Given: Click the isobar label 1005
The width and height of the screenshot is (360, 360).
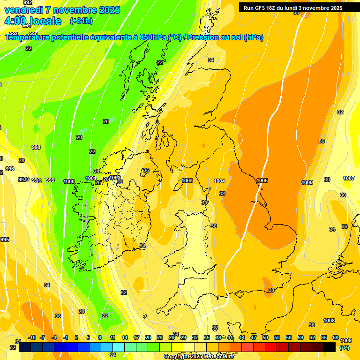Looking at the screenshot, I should point(262,180).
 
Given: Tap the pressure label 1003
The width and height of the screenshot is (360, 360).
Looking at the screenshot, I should point(187,180).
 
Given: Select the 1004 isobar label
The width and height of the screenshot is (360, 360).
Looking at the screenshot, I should point(219,181).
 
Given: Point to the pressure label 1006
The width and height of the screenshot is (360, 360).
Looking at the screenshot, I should point(307,182).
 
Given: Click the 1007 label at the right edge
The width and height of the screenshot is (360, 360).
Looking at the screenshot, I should point(349,178).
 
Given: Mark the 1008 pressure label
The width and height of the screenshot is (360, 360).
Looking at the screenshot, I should point(329,321).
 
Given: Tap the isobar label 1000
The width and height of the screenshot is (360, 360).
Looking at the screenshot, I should point(69,181).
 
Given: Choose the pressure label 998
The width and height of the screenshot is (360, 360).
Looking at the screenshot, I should point(36,147).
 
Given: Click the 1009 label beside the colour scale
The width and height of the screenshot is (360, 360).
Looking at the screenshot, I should point(346,340).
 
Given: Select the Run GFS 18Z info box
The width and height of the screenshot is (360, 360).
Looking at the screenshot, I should point(293,8).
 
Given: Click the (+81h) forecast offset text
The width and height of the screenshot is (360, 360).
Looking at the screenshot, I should point(81,21).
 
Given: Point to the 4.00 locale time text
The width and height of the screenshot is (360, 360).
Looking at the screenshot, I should point(33,21).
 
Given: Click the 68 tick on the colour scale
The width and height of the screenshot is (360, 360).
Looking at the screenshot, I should point(336,337).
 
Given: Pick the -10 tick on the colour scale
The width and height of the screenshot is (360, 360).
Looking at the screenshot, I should point(32,337).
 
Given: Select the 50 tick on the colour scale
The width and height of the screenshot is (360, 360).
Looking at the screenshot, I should point(265,337).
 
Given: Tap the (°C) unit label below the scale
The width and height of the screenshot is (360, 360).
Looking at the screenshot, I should point(344,348).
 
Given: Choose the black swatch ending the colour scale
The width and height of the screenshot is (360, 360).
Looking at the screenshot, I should point(330,347).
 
